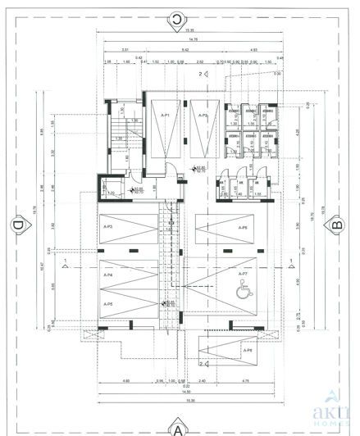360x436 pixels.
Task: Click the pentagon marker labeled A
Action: pyautogui.click(x=176, y=425)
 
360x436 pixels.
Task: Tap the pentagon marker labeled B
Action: pyautogui.click(x=335, y=224)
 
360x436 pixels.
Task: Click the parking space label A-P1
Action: pyautogui.click(x=164, y=116)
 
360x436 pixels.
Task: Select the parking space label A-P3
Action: pyautogui.click(x=108, y=224)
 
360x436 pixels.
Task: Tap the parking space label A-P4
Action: pyautogui.click(x=108, y=275)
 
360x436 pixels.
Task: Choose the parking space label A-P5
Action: pyautogui.click(x=108, y=304)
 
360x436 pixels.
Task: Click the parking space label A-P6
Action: pyautogui.click(x=242, y=228)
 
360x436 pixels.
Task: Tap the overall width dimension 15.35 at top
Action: pyautogui.click(x=176, y=31)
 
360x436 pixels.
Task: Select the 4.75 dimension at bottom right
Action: pyautogui.click(x=245, y=381)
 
